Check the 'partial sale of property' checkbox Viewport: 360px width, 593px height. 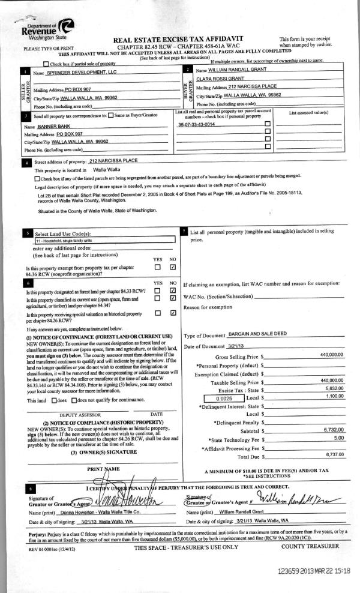pyautogui.click(x=46, y=64)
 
